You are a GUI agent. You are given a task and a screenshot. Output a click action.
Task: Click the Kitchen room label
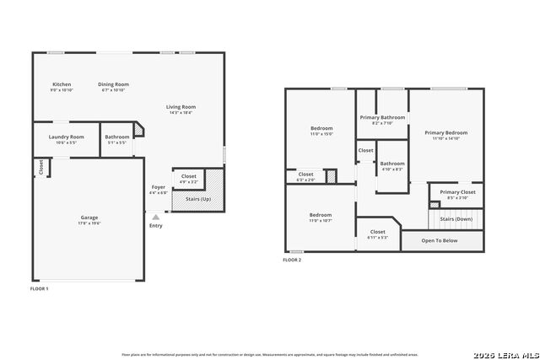pyautogui.click(x=62, y=84)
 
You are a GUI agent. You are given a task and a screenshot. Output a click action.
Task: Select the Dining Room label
pyautogui.click(x=113, y=84)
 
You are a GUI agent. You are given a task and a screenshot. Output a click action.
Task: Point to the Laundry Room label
pyautogui.click(x=66, y=137)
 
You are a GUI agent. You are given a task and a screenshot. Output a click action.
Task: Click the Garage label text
pyautogui.click(x=89, y=218)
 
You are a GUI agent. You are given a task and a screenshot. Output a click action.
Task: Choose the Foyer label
pyautogui.click(x=159, y=187)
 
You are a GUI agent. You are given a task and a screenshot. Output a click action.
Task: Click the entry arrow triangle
pyautogui.click(x=155, y=217)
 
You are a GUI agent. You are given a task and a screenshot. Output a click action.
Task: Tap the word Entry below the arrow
pyautogui.click(x=155, y=225)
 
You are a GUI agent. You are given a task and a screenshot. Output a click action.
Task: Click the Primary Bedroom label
pyautogui.click(x=445, y=132)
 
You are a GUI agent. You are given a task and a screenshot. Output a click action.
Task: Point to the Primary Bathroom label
pyautogui.click(x=382, y=117)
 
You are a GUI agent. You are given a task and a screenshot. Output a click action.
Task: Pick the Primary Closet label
pyautogui.click(x=457, y=192)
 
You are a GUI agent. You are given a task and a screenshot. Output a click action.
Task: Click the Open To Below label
pyautogui.click(x=440, y=240)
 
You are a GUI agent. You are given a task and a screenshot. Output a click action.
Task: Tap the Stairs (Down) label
pyautogui.click(x=456, y=218)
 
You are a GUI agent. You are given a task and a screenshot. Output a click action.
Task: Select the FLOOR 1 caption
pyautogui.click(x=40, y=289)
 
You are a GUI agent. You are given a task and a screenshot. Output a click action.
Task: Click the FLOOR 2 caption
pyautogui.click(x=292, y=260)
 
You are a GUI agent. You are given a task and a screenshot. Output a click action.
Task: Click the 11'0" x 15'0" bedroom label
pyautogui.click(x=321, y=131)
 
